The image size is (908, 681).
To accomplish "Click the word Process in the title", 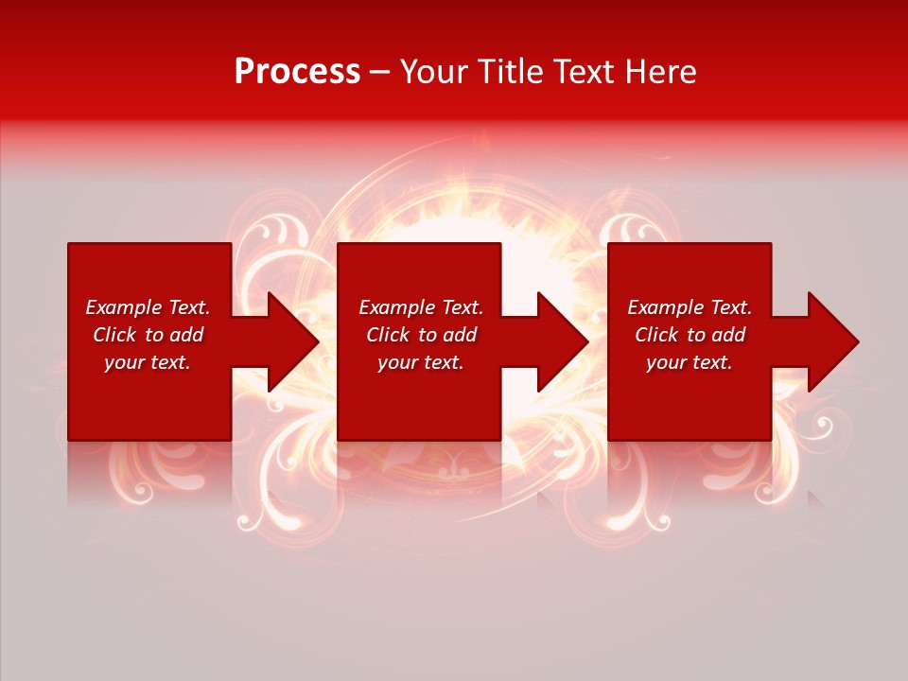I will click(x=297, y=72).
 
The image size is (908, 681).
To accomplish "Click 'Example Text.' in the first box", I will click(x=148, y=307).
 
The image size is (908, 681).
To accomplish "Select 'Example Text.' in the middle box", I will click(x=421, y=307).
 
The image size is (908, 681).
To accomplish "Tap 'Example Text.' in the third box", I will click(x=690, y=307).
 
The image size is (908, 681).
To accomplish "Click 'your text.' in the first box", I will click(x=148, y=362).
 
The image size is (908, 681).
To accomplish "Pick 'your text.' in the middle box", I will click(x=421, y=362).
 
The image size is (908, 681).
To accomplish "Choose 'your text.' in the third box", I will click(x=690, y=362).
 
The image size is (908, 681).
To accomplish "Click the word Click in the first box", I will click(x=113, y=335).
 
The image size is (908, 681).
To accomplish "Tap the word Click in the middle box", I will click(x=387, y=335).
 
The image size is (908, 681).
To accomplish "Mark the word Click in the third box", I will click(x=655, y=335).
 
